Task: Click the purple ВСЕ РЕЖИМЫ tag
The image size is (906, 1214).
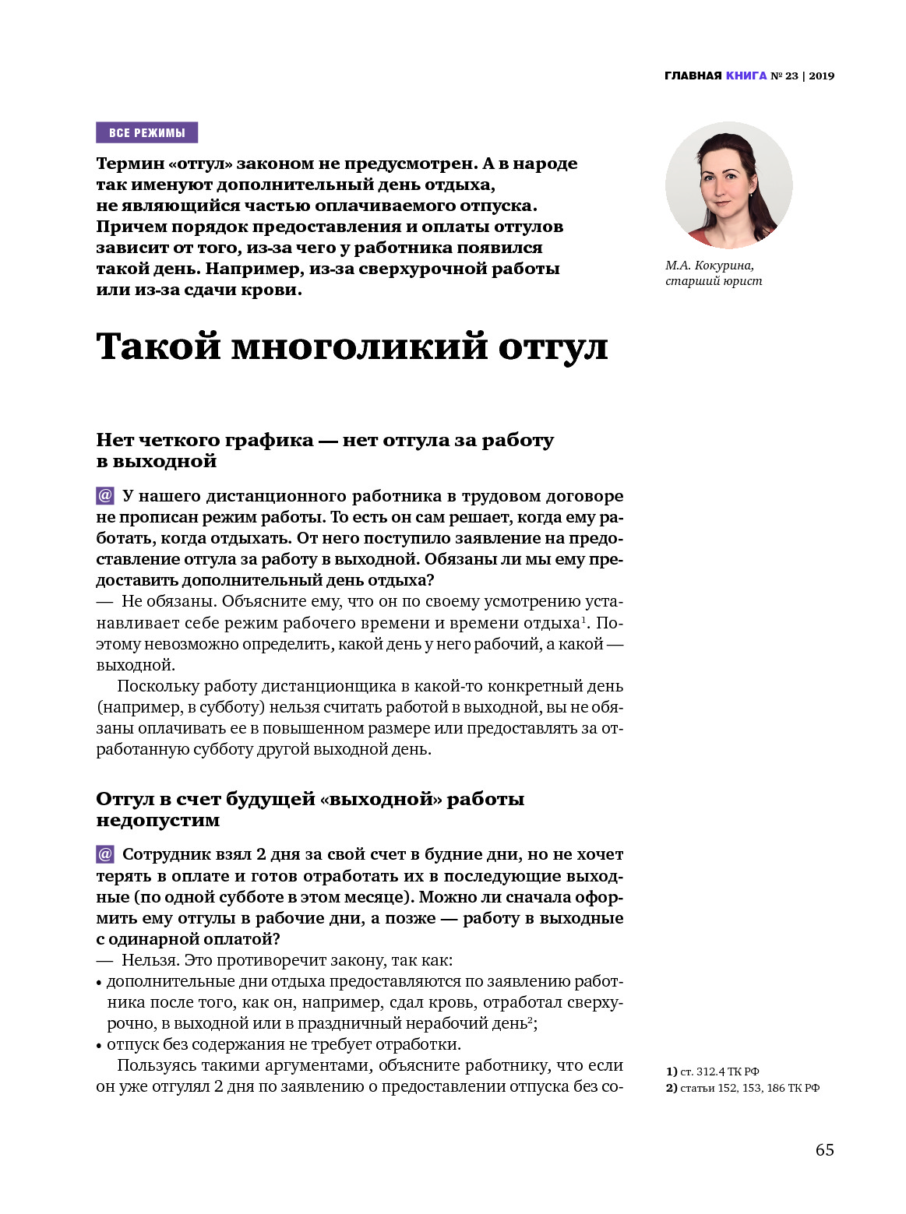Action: click(146, 132)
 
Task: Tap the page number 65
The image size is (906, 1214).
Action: click(824, 1150)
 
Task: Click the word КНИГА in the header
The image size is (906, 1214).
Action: click(746, 76)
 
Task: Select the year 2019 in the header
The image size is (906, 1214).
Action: click(821, 76)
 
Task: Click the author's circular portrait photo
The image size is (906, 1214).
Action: click(728, 185)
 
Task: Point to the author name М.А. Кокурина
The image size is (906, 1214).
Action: click(709, 266)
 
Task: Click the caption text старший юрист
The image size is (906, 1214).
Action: click(714, 281)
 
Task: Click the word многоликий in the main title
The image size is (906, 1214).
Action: click(359, 347)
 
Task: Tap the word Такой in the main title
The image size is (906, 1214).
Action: click(158, 347)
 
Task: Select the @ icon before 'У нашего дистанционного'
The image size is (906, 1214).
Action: click(105, 496)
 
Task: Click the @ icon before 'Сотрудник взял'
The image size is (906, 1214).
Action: click(105, 854)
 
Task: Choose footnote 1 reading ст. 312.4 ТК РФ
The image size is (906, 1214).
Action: click(712, 1071)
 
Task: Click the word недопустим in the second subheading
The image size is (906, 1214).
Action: click(158, 821)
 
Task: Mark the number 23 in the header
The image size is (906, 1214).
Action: click(791, 76)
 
